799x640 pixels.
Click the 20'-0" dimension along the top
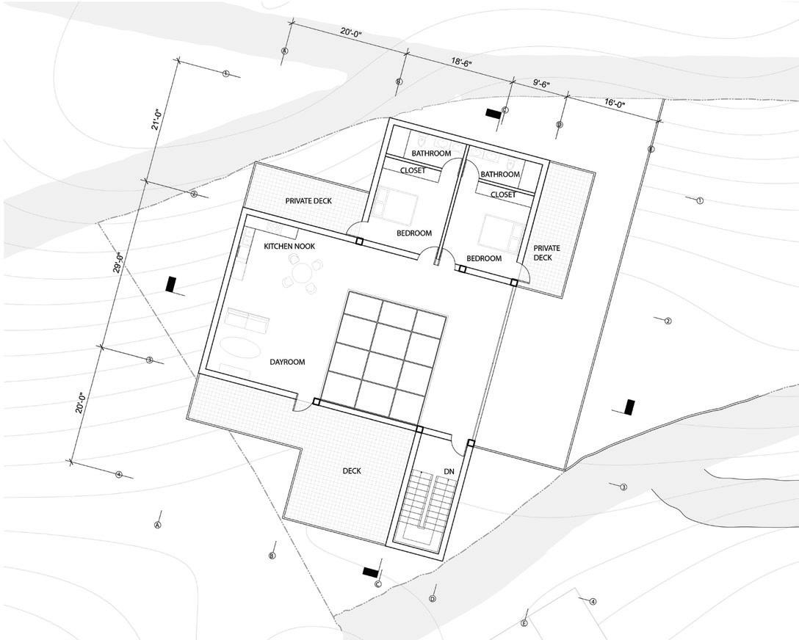355,33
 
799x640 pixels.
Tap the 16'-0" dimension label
615,104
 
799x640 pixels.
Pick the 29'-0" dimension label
117,263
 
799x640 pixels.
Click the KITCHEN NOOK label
289,247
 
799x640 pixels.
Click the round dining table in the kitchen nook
302,274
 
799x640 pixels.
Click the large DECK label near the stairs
351,471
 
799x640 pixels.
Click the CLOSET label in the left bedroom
413,170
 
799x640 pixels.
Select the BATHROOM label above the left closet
431,153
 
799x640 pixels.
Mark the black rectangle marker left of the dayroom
171,284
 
